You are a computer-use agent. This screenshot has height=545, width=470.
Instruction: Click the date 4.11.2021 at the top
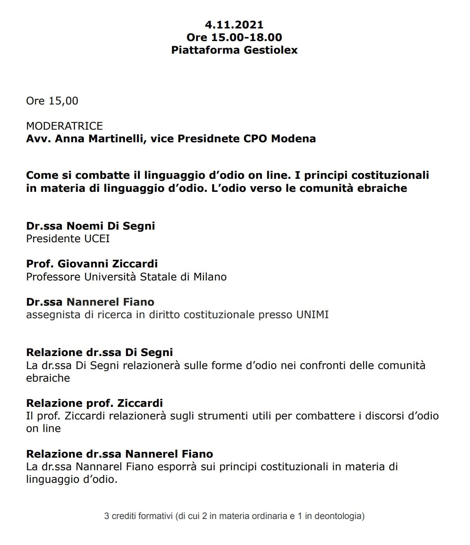[x=234, y=24]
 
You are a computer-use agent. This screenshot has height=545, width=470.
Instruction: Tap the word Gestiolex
[x=271, y=50]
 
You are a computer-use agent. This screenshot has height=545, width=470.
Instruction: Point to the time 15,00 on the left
[x=63, y=101]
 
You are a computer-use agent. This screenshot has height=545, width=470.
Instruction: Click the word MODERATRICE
[x=65, y=126]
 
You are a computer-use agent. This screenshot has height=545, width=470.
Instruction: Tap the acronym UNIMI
[x=312, y=315]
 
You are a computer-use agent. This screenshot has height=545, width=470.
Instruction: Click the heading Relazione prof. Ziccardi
[x=94, y=403]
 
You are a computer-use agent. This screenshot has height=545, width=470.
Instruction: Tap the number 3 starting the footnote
[x=107, y=516]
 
